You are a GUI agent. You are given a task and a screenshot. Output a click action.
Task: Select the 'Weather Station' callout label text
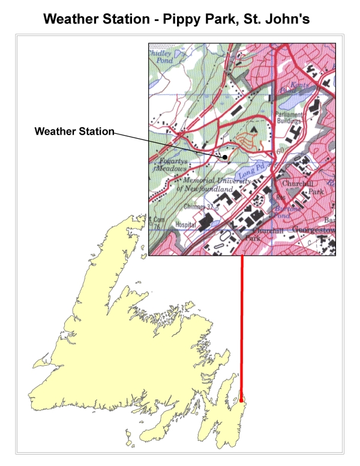point(74,131)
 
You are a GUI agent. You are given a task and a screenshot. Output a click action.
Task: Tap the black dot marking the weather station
point(226,157)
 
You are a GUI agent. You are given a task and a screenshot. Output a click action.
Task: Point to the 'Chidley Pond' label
point(161,56)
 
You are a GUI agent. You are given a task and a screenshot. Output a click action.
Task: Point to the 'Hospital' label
point(185,225)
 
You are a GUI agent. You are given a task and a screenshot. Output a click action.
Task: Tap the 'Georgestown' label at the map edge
point(312,229)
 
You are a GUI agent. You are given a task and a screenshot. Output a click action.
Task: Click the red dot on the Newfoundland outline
point(242,399)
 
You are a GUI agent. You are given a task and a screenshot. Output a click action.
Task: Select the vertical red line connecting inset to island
point(242,324)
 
